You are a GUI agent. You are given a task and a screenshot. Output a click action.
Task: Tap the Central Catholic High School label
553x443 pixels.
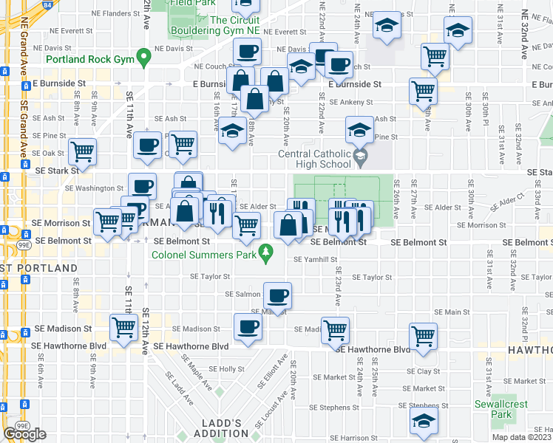313,159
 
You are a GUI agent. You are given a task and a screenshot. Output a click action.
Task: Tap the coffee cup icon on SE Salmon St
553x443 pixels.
278,297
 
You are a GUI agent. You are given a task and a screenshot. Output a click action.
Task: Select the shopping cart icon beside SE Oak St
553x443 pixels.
82,151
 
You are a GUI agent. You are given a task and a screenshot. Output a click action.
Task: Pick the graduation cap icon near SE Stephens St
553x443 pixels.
424,421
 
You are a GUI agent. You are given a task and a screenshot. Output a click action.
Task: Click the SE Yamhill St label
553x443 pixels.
315,260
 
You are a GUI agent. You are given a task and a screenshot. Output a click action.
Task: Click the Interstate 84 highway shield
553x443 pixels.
47,5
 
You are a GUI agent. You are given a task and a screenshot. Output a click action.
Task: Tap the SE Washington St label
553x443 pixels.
99,188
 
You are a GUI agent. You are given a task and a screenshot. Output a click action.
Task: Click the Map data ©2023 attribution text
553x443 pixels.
521,437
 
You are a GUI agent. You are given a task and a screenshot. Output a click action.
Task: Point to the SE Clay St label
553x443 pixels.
423,371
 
